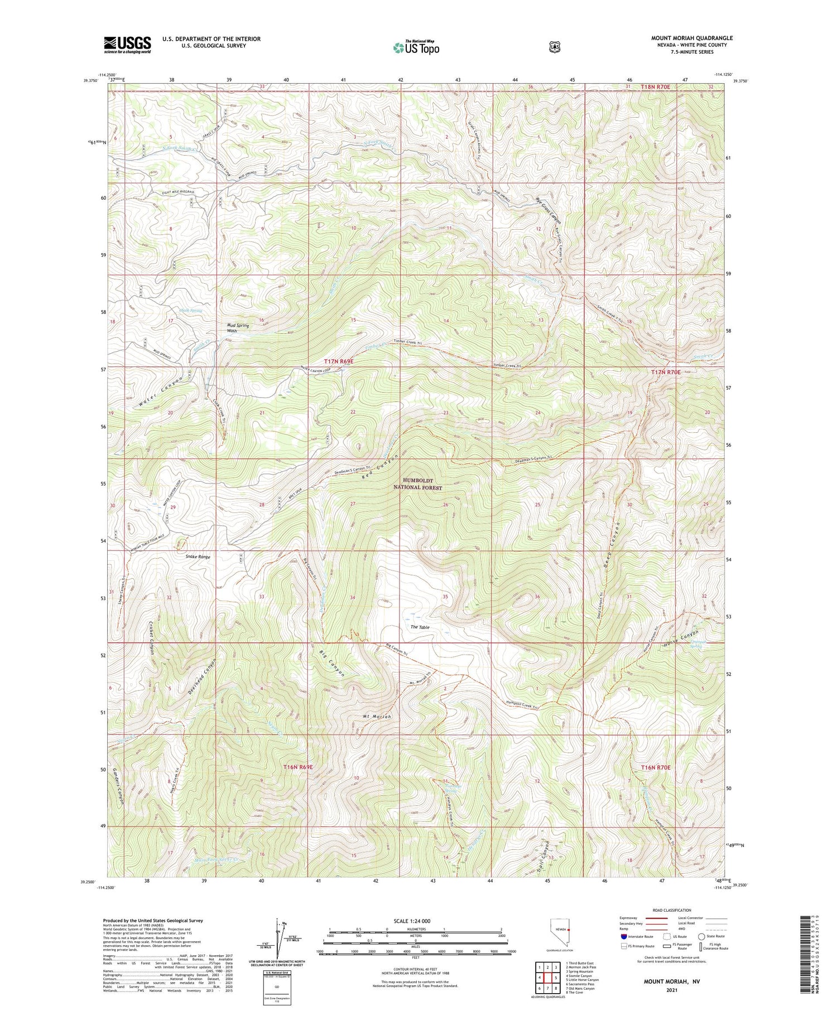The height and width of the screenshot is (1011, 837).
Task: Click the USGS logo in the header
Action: tap(127, 44)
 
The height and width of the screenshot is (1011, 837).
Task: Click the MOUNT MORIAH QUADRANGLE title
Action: tap(691, 38)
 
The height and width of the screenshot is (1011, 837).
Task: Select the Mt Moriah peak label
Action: tap(379, 715)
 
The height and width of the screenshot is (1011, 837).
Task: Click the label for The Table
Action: tap(420, 627)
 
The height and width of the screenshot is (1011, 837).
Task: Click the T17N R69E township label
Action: tap(339, 361)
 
